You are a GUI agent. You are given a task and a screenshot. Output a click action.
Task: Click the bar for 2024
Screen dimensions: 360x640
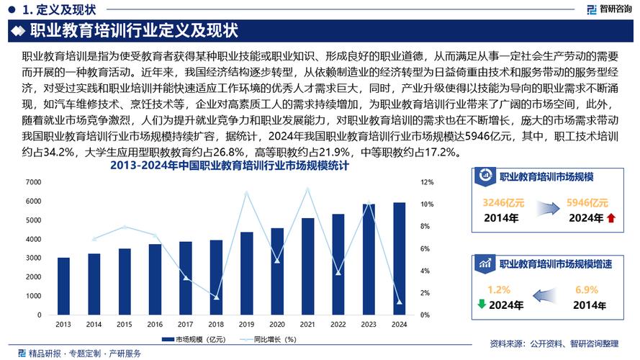pos(400,259)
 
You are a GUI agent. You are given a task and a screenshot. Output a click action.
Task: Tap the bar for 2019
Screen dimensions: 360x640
pos(247,274)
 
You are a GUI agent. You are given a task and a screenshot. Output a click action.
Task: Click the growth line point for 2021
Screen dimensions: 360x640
pos(308,189)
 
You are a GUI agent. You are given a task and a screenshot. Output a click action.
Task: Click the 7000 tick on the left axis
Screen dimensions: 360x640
pos(33,183)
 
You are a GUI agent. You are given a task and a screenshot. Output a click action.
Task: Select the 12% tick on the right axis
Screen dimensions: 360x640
pos(427,183)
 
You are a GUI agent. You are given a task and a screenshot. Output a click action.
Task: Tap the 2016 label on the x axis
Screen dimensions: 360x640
pos(156,325)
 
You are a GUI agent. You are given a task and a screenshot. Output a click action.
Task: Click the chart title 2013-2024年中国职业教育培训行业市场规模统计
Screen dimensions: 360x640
pos(229,166)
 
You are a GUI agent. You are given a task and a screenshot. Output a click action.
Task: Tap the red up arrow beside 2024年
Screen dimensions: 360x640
pos(610,218)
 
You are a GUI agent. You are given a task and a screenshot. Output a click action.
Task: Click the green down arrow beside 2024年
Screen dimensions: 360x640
pos(481,305)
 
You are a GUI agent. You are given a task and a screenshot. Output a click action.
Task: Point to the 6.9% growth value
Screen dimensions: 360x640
pos(587,289)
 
